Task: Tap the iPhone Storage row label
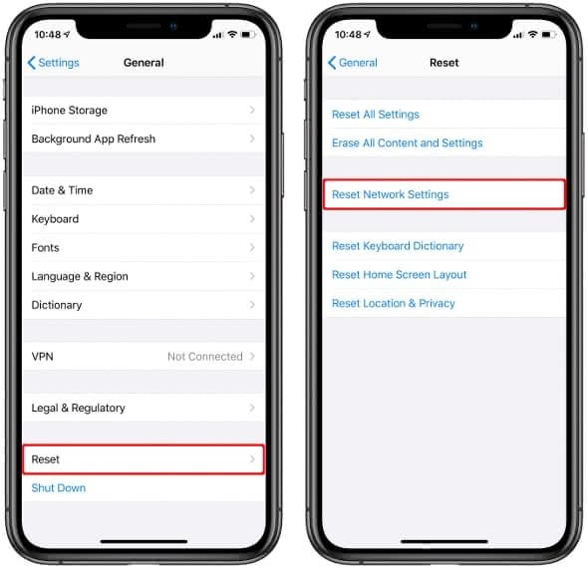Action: [x=69, y=111]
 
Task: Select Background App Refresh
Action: [x=93, y=140]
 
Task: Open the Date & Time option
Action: [x=62, y=190]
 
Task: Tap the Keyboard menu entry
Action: [x=55, y=219]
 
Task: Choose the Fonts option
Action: [x=46, y=248]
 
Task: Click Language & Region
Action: [x=80, y=277]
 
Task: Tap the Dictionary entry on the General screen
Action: [x=57, y=305]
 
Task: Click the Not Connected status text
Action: [x=204, y=357]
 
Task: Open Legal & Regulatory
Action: [x=78, y=408]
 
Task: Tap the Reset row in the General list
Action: [x=46, y=459]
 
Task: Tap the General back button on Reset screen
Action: [x=353, y=63]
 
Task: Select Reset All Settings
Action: [x=376, y=115]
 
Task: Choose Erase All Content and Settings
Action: [x=407, y=143]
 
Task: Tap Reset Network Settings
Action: [x=391, y=194]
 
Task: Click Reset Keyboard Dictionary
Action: [x=398, y=246]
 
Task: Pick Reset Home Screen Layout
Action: [x=399, y=275]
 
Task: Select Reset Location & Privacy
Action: [x=393, y=303]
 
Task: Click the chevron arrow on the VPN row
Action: [x=252, y=357]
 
